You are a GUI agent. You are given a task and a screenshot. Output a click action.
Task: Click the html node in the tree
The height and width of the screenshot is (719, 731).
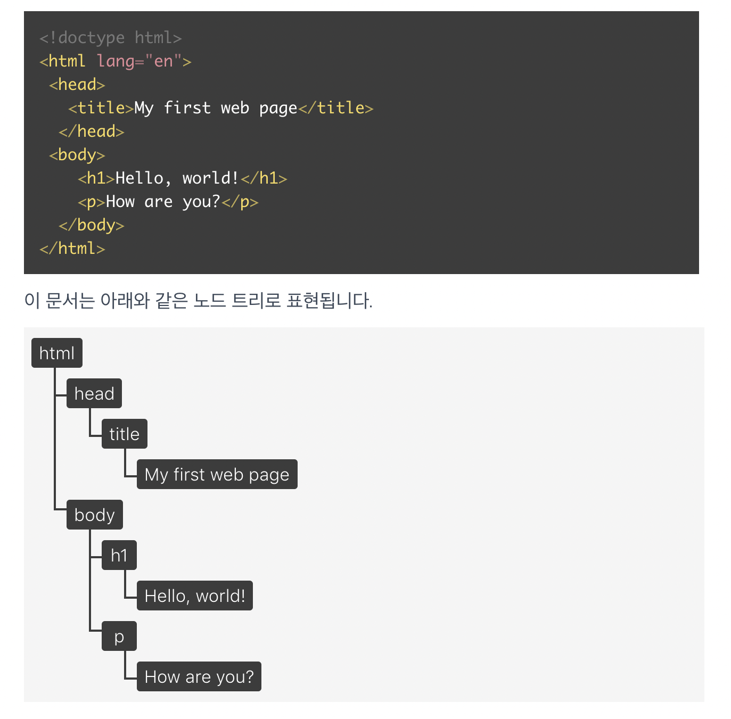click(x=57, y=353)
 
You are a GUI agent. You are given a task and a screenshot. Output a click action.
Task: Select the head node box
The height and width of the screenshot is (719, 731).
click(x=94, y=393)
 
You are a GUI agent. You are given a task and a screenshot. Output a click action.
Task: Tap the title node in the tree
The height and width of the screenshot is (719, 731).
click(x=124, y=434)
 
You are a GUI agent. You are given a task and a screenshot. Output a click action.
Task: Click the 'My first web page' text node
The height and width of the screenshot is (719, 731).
click(x=217, y=474)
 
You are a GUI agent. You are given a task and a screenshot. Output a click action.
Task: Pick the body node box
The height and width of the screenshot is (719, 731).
click(x=94, y=515)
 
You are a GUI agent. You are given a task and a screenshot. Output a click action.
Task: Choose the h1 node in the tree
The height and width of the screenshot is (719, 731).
click(x=119, y=555)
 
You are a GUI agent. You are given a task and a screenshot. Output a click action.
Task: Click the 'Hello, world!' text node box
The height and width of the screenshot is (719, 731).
click(x=194, y=596)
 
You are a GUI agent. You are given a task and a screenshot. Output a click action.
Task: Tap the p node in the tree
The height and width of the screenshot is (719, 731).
click(x=119, y=636)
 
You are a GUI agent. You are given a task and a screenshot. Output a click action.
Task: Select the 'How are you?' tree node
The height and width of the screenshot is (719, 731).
click(x=199, y=676)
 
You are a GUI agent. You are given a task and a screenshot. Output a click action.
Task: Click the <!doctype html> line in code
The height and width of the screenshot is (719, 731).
click(x=110, y=38)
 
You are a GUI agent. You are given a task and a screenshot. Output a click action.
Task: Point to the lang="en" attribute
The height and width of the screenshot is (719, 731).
click(x=139, y=61)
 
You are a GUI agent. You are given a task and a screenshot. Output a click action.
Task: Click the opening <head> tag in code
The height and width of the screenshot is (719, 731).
click(x=77, y=85)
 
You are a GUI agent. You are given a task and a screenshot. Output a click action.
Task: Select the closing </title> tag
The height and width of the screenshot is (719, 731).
click(x=336, y=108)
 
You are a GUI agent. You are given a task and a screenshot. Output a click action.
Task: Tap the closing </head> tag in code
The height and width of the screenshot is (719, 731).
click(x=91, y=131)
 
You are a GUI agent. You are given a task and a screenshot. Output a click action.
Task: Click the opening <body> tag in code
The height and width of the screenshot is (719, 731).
click(x=77, y=155)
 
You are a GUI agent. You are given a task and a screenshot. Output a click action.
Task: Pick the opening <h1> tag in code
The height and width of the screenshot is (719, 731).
click(x=96, y=178)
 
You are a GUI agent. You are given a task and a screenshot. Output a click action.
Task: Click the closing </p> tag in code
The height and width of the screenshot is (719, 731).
click(x=240, y=202)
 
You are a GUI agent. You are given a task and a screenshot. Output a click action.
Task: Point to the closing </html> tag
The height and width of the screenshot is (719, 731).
click(x=72, y=249)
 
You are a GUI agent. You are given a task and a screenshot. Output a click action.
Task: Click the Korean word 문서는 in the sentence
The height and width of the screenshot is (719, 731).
click(x=70, y=301)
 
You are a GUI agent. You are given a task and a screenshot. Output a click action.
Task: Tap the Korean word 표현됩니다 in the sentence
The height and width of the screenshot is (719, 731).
click(x=328, y=301)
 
